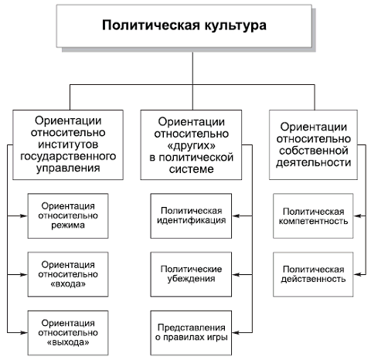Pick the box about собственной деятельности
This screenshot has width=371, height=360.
tap(315, 143)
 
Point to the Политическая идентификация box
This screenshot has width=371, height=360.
tap(192, 216)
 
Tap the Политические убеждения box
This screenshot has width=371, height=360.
tap(192, 273)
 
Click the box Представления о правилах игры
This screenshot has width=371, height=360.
tap(192, 331)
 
